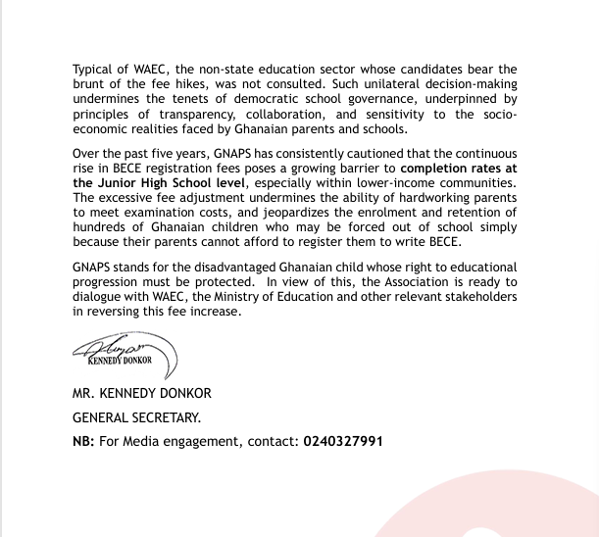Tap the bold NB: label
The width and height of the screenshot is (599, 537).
point(83,442)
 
